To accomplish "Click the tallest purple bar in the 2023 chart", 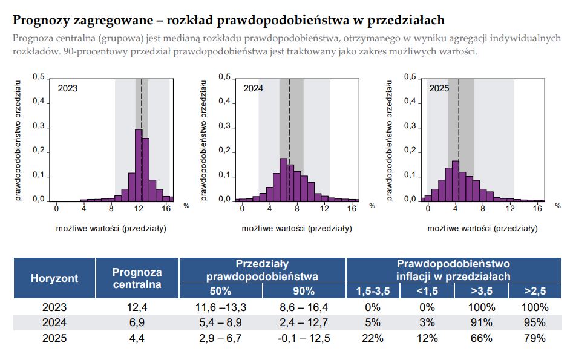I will (x=139, y=165).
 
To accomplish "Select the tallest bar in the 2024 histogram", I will (x=283, y=179).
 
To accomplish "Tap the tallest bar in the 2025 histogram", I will (x=456, y=180).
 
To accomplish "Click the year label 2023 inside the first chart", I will (x=68, y=88).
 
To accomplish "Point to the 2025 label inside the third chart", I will (x=439, y=88).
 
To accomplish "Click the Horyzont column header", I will (x=54, y=278).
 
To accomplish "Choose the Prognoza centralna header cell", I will (x=137, y=278).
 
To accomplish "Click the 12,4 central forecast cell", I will (x=137, y=307).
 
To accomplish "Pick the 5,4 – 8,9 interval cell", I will (x=220, y=322).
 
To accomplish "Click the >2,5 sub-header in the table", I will (x=534, y=291).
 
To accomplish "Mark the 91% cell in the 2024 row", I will (x=481, y=322).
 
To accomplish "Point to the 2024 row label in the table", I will (x=54, y=322).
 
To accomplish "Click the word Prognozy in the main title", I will (x=39, y=21).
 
